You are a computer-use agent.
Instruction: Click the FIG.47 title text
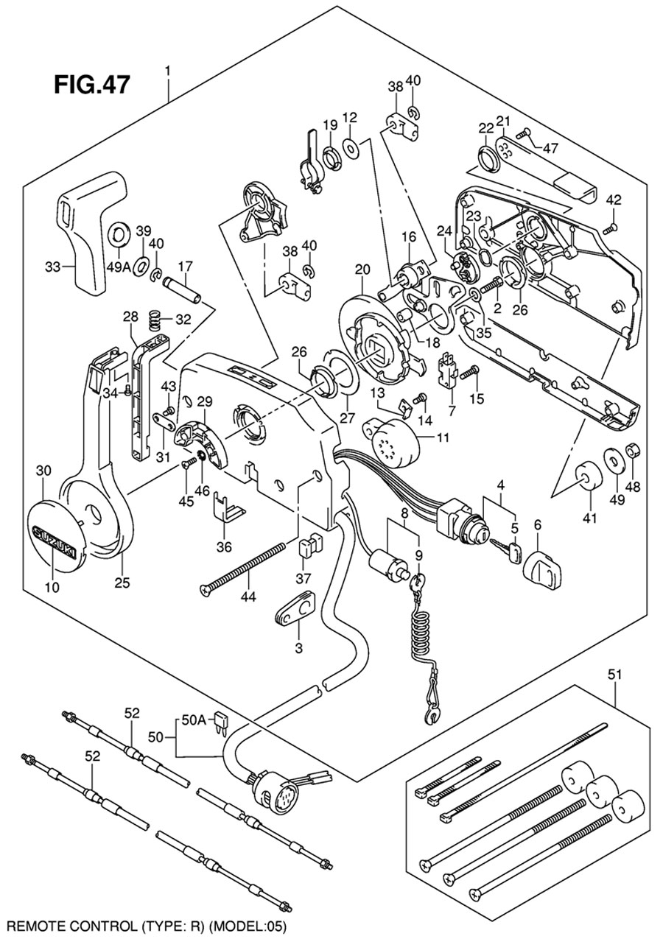click(x=92, y=83)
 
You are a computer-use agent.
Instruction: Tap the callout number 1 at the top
click(x=169, y=71)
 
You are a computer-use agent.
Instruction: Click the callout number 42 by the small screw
click(x=614, y=201)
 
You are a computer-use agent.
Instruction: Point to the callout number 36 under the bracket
click(x=224, y=546)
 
